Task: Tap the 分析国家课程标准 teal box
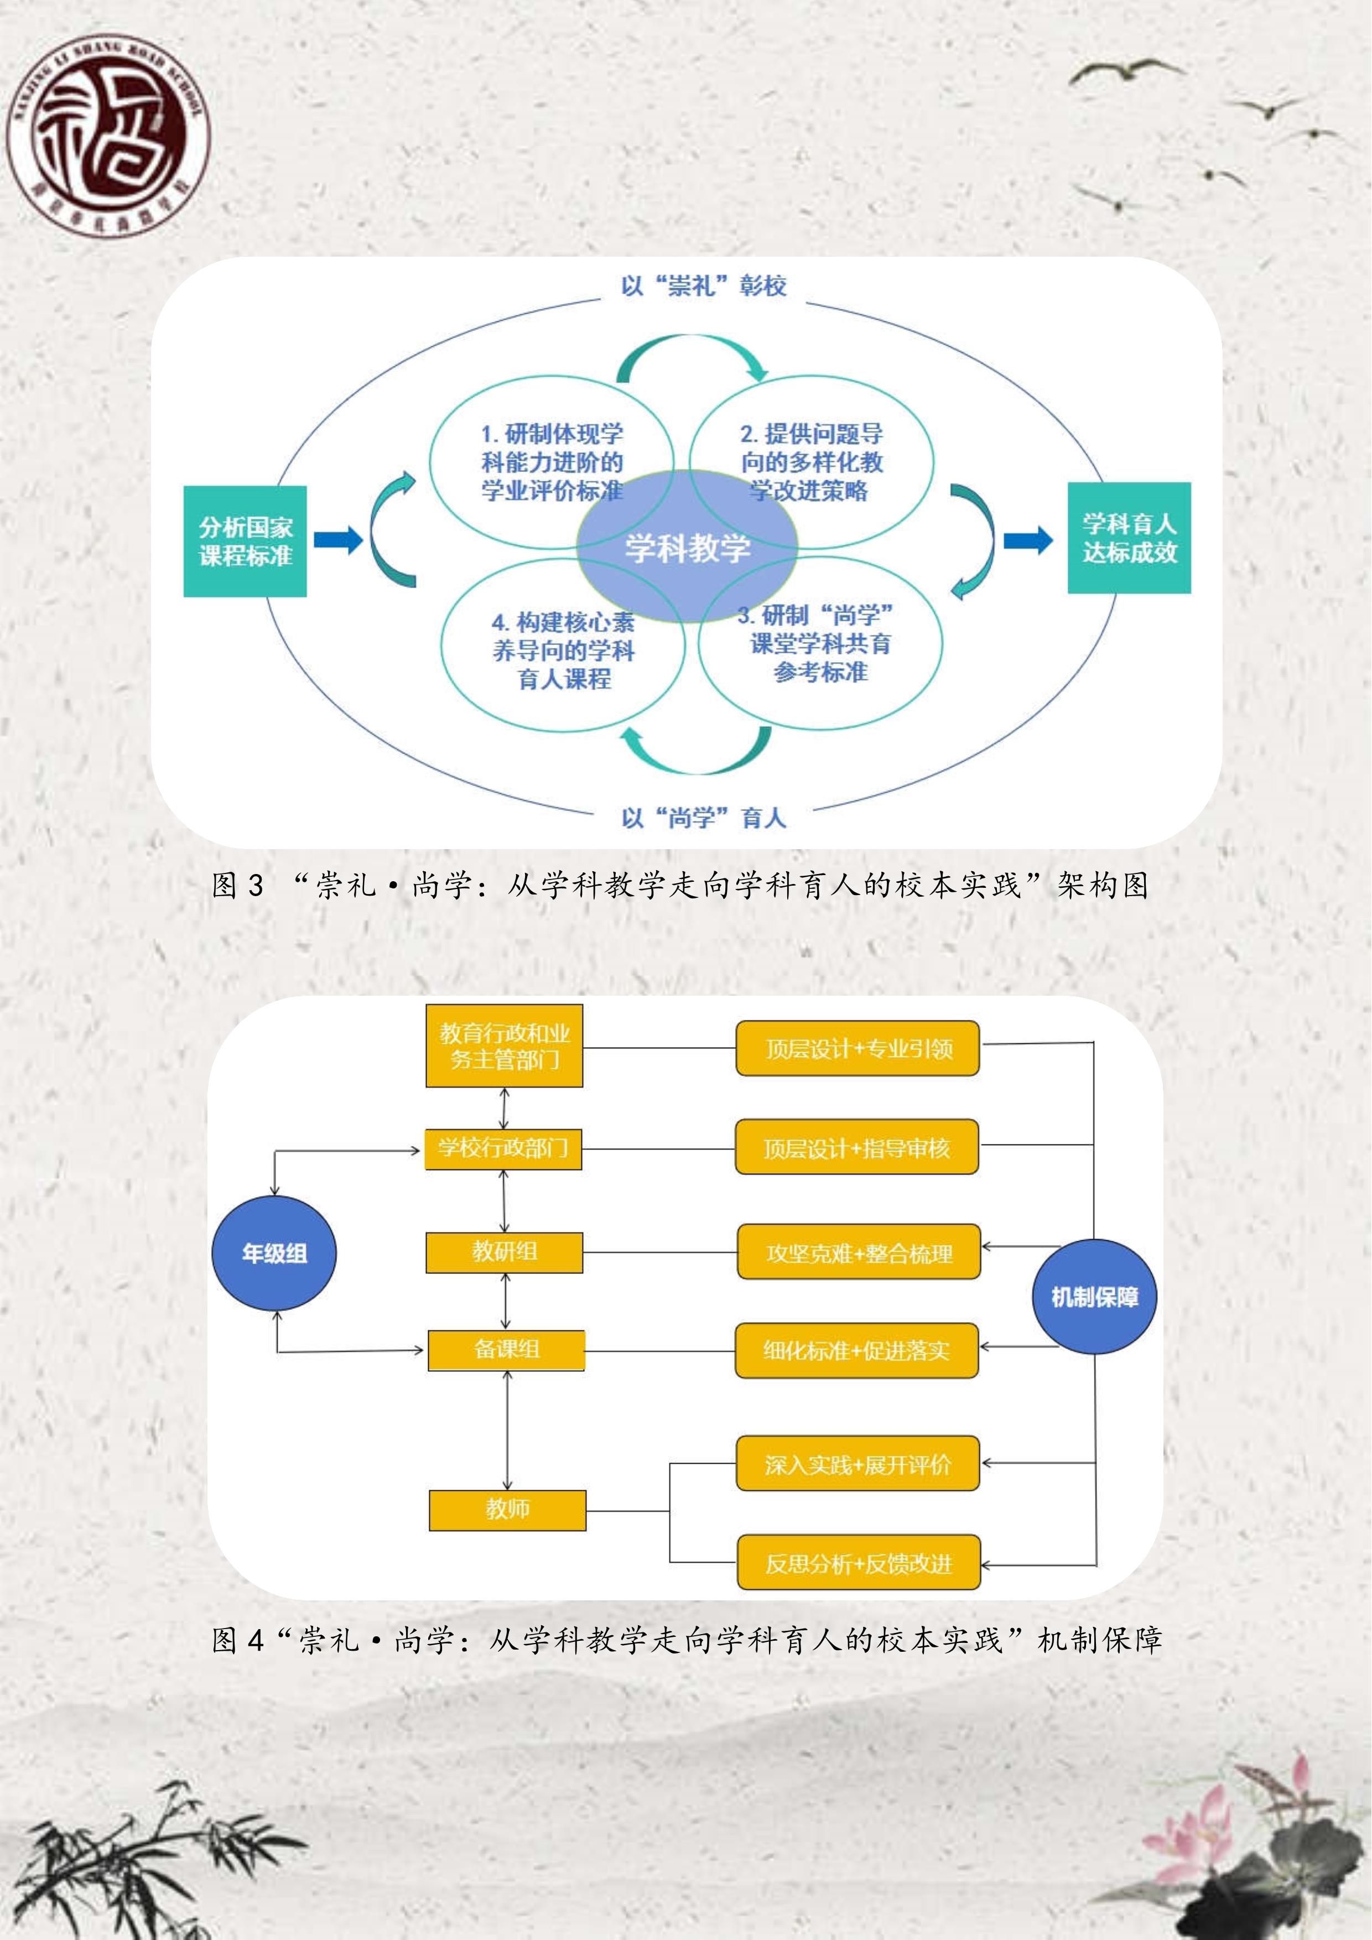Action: click(x=245, y=541)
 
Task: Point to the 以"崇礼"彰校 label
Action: click(x=703, y=285)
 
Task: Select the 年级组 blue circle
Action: click(x=274, y=1253)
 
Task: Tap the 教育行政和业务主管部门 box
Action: click(x=505, y=1046)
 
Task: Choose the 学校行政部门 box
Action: click(x=503, y=1148)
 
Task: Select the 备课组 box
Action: click(x=506, y=1349)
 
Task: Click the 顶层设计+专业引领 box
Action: click(x=857, y=1049)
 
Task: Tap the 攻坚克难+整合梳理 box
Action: click(x=859, y=1252)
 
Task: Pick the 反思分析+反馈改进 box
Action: click(x=859, y=1564)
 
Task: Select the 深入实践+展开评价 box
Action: click(x=857, y=1464)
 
